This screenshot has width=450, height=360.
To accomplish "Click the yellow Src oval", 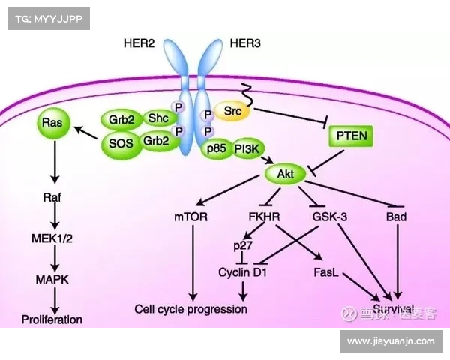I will pos(234,112).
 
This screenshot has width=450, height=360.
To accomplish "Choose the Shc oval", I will pos(157,118).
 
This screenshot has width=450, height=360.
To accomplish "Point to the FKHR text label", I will pos(263,218).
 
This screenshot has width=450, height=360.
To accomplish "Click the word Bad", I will pos(395,218).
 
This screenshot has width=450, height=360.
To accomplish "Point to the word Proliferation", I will pos(52,319).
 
